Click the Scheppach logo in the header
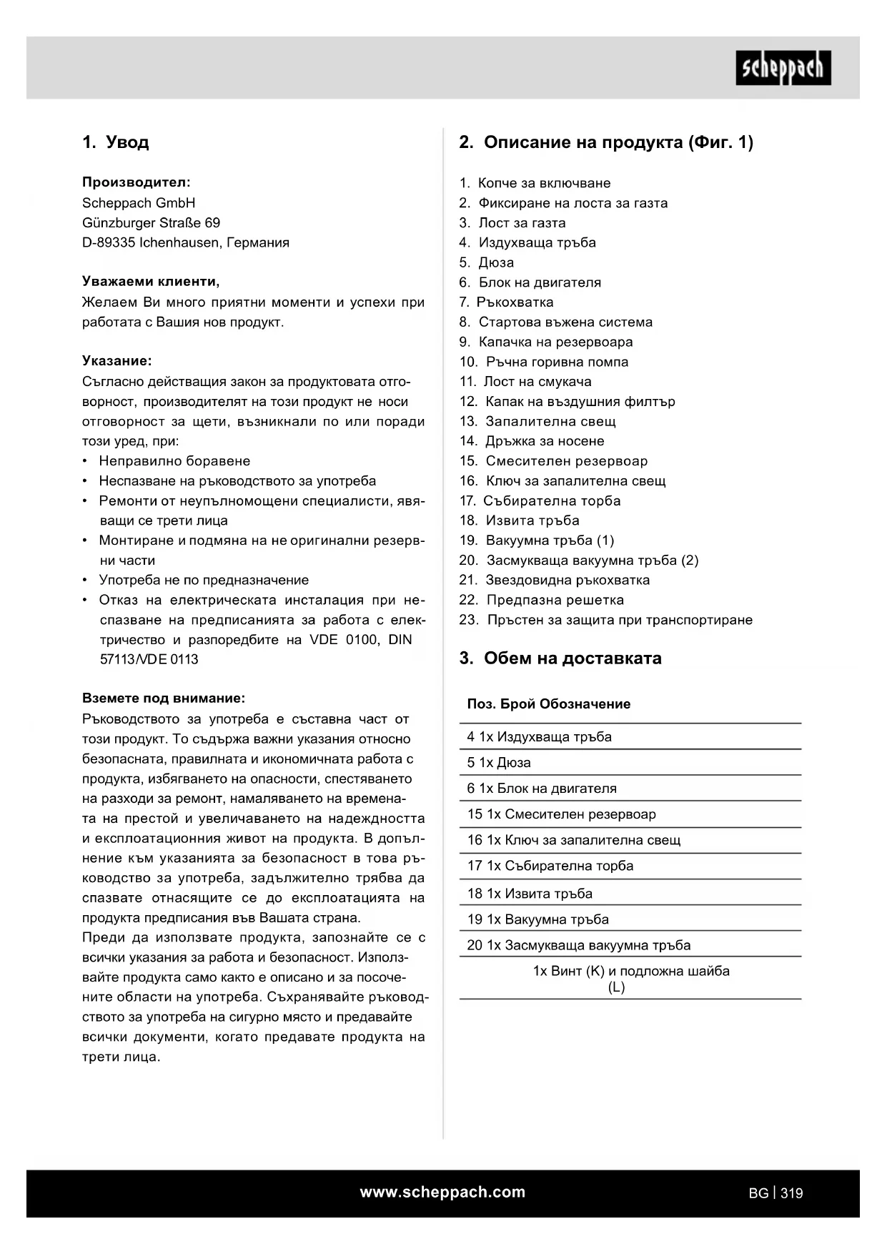783,68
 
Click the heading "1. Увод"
116,142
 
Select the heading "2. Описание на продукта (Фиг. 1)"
606,142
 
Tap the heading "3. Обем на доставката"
560,658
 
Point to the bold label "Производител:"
137,183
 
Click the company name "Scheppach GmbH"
139,203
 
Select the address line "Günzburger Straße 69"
152,223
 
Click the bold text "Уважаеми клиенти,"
151,282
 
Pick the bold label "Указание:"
117,361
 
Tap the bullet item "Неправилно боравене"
174,461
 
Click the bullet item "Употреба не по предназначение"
204,581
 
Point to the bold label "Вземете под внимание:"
164,698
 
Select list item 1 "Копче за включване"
535,183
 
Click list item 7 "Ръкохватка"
507,302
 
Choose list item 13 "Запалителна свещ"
538,422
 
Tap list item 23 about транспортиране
606,621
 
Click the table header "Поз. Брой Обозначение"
549,704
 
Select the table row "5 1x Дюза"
499,763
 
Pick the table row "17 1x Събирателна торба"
550,867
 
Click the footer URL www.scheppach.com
442,1193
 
